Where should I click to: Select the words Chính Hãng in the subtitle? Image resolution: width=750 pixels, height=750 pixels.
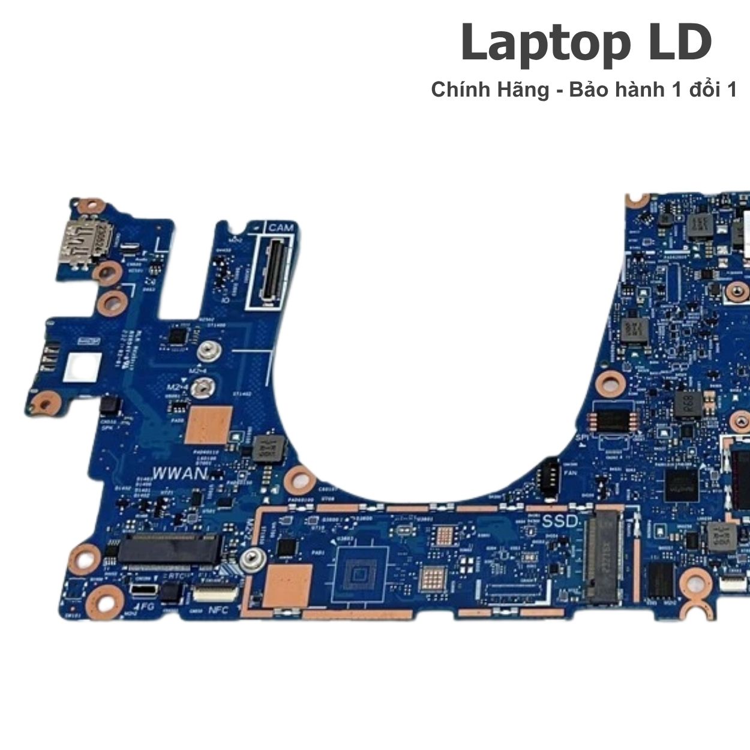click(x=490, y=90)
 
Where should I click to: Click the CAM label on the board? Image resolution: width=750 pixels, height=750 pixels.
click(x=280, y=228)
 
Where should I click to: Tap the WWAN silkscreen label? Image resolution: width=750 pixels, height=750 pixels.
click(x=179, y=473)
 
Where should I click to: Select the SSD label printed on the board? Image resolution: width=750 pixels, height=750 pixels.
click(x=559, y=521)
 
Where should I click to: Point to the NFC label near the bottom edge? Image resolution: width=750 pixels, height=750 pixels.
click(x=218, y=610)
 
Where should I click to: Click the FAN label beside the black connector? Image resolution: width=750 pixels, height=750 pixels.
click(x=572, y=473)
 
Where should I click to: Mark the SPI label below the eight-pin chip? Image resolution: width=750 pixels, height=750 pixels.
click(x=581, y=439)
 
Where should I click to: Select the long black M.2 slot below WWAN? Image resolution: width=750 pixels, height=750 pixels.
click(x=168, y=550)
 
